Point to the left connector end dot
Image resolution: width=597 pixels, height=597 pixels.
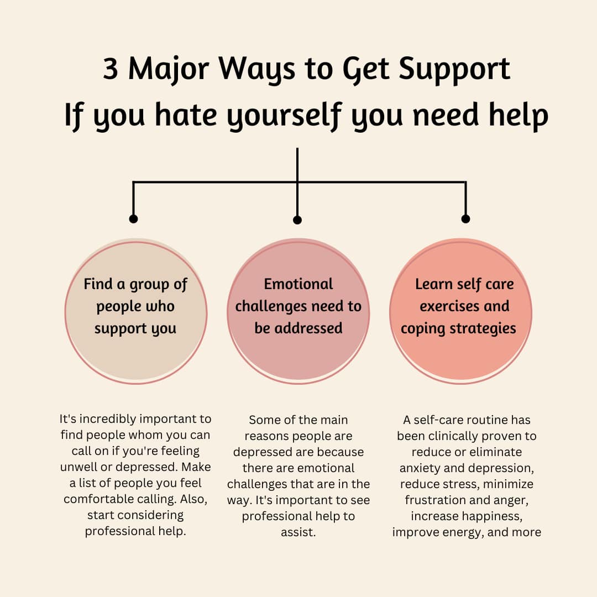pyautogui.click(x=133, y=219)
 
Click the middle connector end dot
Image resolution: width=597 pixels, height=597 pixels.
pyautogui.click(x=297, y=220)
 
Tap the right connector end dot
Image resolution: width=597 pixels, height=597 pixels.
pyautogui.click(x=465, y=219)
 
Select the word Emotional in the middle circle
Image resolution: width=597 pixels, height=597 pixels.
pyautogui.click(x=298, y=284)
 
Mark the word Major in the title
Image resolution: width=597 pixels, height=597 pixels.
pyautogui.click(x=169, y=71)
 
